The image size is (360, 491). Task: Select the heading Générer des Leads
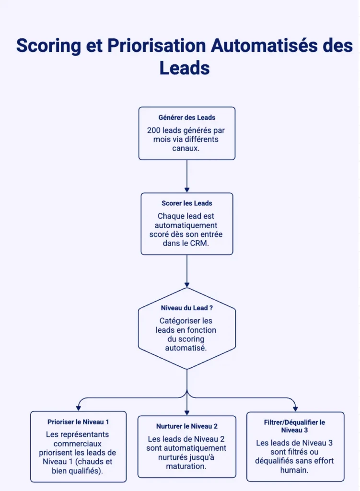(x=187, y=117)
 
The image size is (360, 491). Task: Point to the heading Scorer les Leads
(x=187, y=203)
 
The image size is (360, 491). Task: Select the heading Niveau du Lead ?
(x=187, y=308)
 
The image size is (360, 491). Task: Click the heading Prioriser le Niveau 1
(x=78, y=422)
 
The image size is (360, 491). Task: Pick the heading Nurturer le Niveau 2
(x=187, y=426)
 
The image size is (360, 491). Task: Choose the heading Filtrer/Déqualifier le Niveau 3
(x=294, y=426)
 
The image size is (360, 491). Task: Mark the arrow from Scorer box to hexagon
(x=187, y=271)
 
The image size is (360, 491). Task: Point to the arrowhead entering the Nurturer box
(x=187, y=412)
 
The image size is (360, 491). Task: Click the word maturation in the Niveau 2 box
(x=187, y=466)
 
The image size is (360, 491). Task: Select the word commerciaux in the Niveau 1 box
(x=78, y=444)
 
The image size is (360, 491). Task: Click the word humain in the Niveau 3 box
(x=294, y=470)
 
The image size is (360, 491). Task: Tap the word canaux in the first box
(x=187, y=148)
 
